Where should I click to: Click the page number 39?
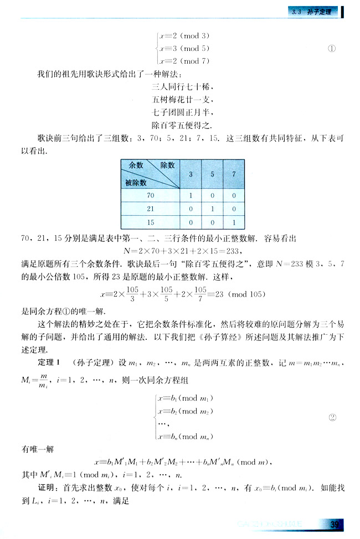pyautogui.click(x=334, y=525)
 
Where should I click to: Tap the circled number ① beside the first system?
pyautogui.click(x=332, y=48)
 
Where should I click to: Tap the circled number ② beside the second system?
pyautogui.click(x=333, y=417)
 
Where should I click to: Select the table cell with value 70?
pyautogui.click(x=151, y=196)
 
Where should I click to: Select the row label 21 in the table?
pyautogui.click(x=151, y=209)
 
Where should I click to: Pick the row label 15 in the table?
pyautogui.click(x=151, y=222)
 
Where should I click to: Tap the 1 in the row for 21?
pyautogui.click(x=213, y=209)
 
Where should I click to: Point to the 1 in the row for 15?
pyautogui.click(x=234, y=222)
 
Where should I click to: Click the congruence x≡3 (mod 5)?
pyautogui.click(x=183, y=48)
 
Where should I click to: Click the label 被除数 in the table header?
pyautogui.click(x=136, y=182)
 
